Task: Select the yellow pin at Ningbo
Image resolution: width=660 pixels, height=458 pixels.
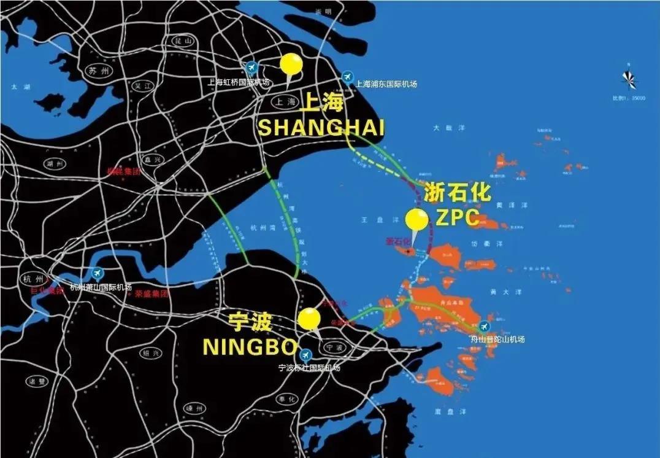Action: pyautogui.click(x=309, y=320)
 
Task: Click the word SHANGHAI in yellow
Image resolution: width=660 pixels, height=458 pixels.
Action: pyautogui.click(x=321, y=128)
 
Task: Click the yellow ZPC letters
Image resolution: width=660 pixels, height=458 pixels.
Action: pyautogui.click(x=458, y=217)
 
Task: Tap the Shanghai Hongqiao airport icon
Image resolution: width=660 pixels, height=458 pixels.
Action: pyautogui.click(x=251, y=67)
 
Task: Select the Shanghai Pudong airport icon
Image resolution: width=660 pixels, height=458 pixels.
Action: pyautogui.click(x=348, y=76)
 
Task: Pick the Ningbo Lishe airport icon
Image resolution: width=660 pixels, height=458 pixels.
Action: pyautogui.click(x=305, y=355)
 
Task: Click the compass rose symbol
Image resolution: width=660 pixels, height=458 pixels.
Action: pyautogui.click(x=629, y=78)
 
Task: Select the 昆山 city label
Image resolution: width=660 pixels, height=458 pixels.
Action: pyautogui.click(x=179, y=41)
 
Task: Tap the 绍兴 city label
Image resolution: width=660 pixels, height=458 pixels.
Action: pyautogui.click(x=149, y=353)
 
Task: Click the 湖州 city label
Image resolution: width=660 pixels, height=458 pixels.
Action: pyautogui.click(x=53, y=163)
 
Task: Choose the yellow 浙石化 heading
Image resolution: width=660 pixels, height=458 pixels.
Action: pyautogui.click(x=458, y=193)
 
